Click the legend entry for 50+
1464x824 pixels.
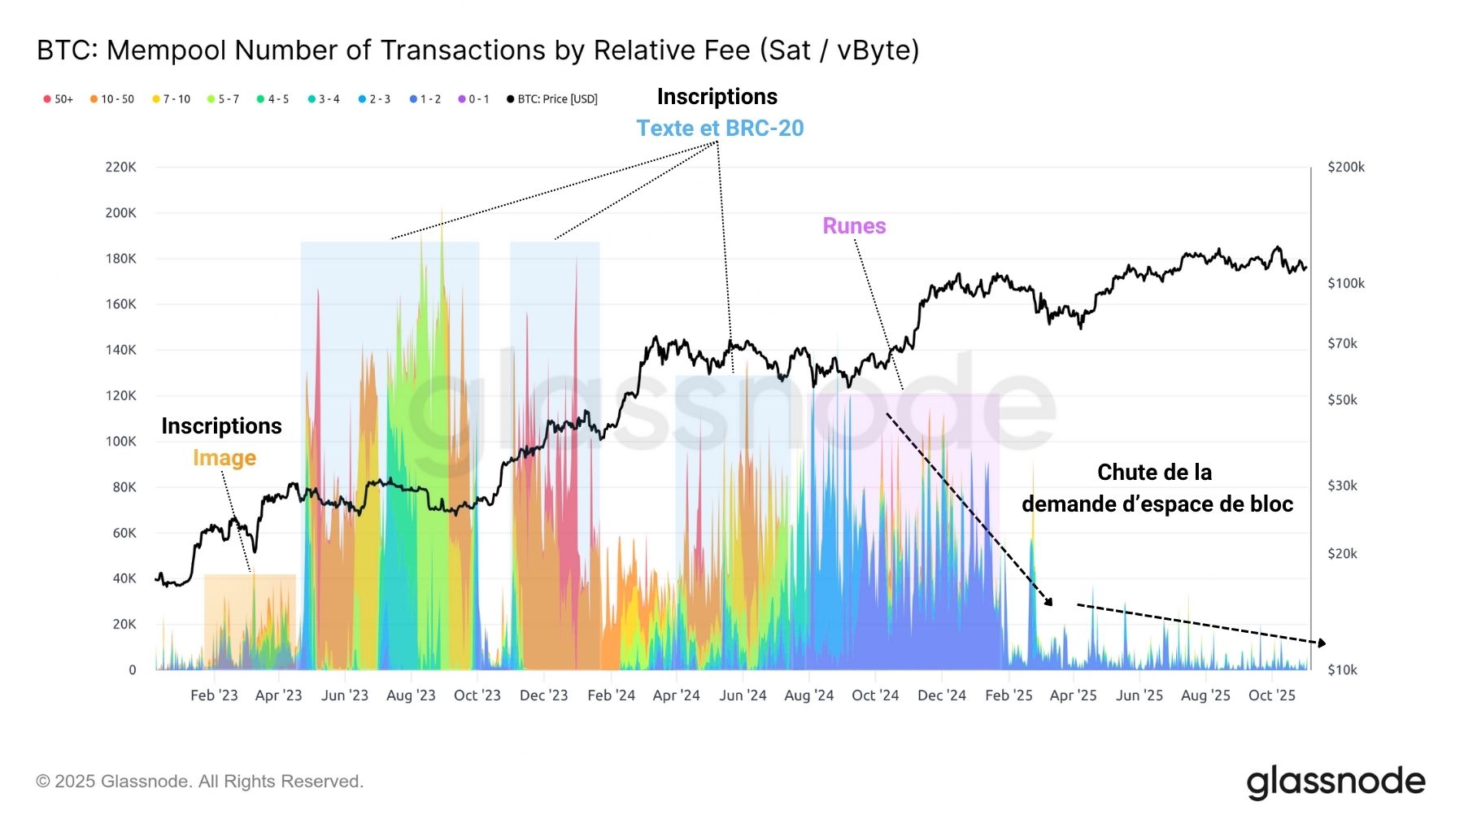tap(59, 99)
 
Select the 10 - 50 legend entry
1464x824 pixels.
tap(112, 99)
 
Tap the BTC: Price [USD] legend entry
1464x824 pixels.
tap(552, 99)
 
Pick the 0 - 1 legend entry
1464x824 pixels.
tap(474, 99)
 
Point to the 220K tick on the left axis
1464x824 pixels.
tap(120, 167)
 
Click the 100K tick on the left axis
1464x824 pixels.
tap(120, 441)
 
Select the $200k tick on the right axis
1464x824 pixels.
tap(1345, 167)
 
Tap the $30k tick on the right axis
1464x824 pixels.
tap(1342, 486)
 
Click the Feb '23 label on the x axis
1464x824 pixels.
tap(214, 695)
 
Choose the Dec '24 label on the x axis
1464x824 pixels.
tap(941, 695)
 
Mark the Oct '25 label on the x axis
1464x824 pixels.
tap(1271, 695)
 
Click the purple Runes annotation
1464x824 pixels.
tap(854, 226)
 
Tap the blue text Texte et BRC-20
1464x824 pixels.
tap(720, 129)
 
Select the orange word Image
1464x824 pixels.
tap(224, 458)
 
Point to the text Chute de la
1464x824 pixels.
tap(1154, 473)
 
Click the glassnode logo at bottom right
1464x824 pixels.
tap(1335, 782)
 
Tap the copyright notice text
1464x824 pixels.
tap(199, 782)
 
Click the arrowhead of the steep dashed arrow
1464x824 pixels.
tap(1049, 602)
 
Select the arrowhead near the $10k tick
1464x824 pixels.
tap(1322, 643)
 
